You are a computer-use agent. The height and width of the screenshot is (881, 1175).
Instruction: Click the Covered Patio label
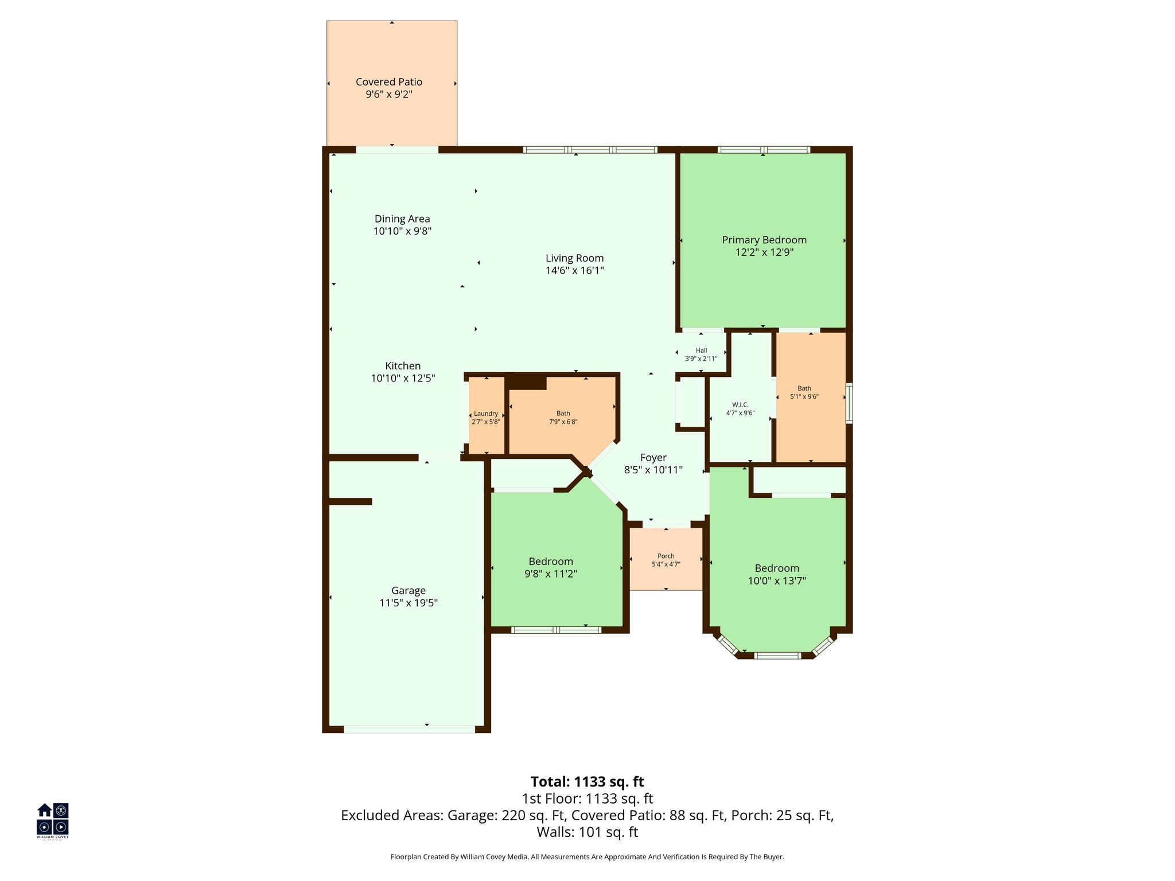389,82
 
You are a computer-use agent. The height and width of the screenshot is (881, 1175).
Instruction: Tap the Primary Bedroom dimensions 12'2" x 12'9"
764,252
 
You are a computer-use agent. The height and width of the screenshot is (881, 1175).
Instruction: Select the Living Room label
574,258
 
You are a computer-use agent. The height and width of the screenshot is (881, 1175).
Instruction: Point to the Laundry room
486,417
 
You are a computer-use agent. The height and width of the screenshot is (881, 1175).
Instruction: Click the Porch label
666,556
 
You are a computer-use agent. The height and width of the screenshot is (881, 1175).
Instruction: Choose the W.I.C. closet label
740,405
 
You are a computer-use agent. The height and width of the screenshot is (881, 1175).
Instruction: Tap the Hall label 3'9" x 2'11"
701,354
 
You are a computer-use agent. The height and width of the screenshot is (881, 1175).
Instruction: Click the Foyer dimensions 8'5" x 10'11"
653,470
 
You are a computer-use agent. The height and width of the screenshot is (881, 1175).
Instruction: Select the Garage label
408,590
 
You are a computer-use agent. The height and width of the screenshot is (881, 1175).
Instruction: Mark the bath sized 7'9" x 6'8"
563,417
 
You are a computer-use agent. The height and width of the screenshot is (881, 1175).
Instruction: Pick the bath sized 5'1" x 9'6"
804,392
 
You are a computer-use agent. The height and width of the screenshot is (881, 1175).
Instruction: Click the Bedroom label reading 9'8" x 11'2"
551,562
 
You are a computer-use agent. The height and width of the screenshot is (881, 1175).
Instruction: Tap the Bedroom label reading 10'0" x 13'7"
777,568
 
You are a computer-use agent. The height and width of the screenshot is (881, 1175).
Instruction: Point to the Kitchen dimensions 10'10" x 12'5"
403,379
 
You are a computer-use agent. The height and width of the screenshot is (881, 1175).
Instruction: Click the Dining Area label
402,219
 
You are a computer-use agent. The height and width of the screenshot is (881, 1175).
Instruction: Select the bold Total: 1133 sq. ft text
587,782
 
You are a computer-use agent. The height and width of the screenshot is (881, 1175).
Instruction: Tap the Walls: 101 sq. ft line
587,832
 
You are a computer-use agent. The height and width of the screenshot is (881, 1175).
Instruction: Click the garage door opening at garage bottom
409,730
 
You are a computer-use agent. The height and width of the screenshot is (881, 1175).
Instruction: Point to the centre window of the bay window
777,656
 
